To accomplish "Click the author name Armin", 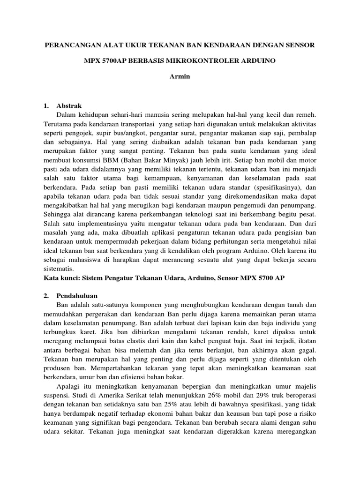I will pyautogui.click(x=180, y=76).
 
